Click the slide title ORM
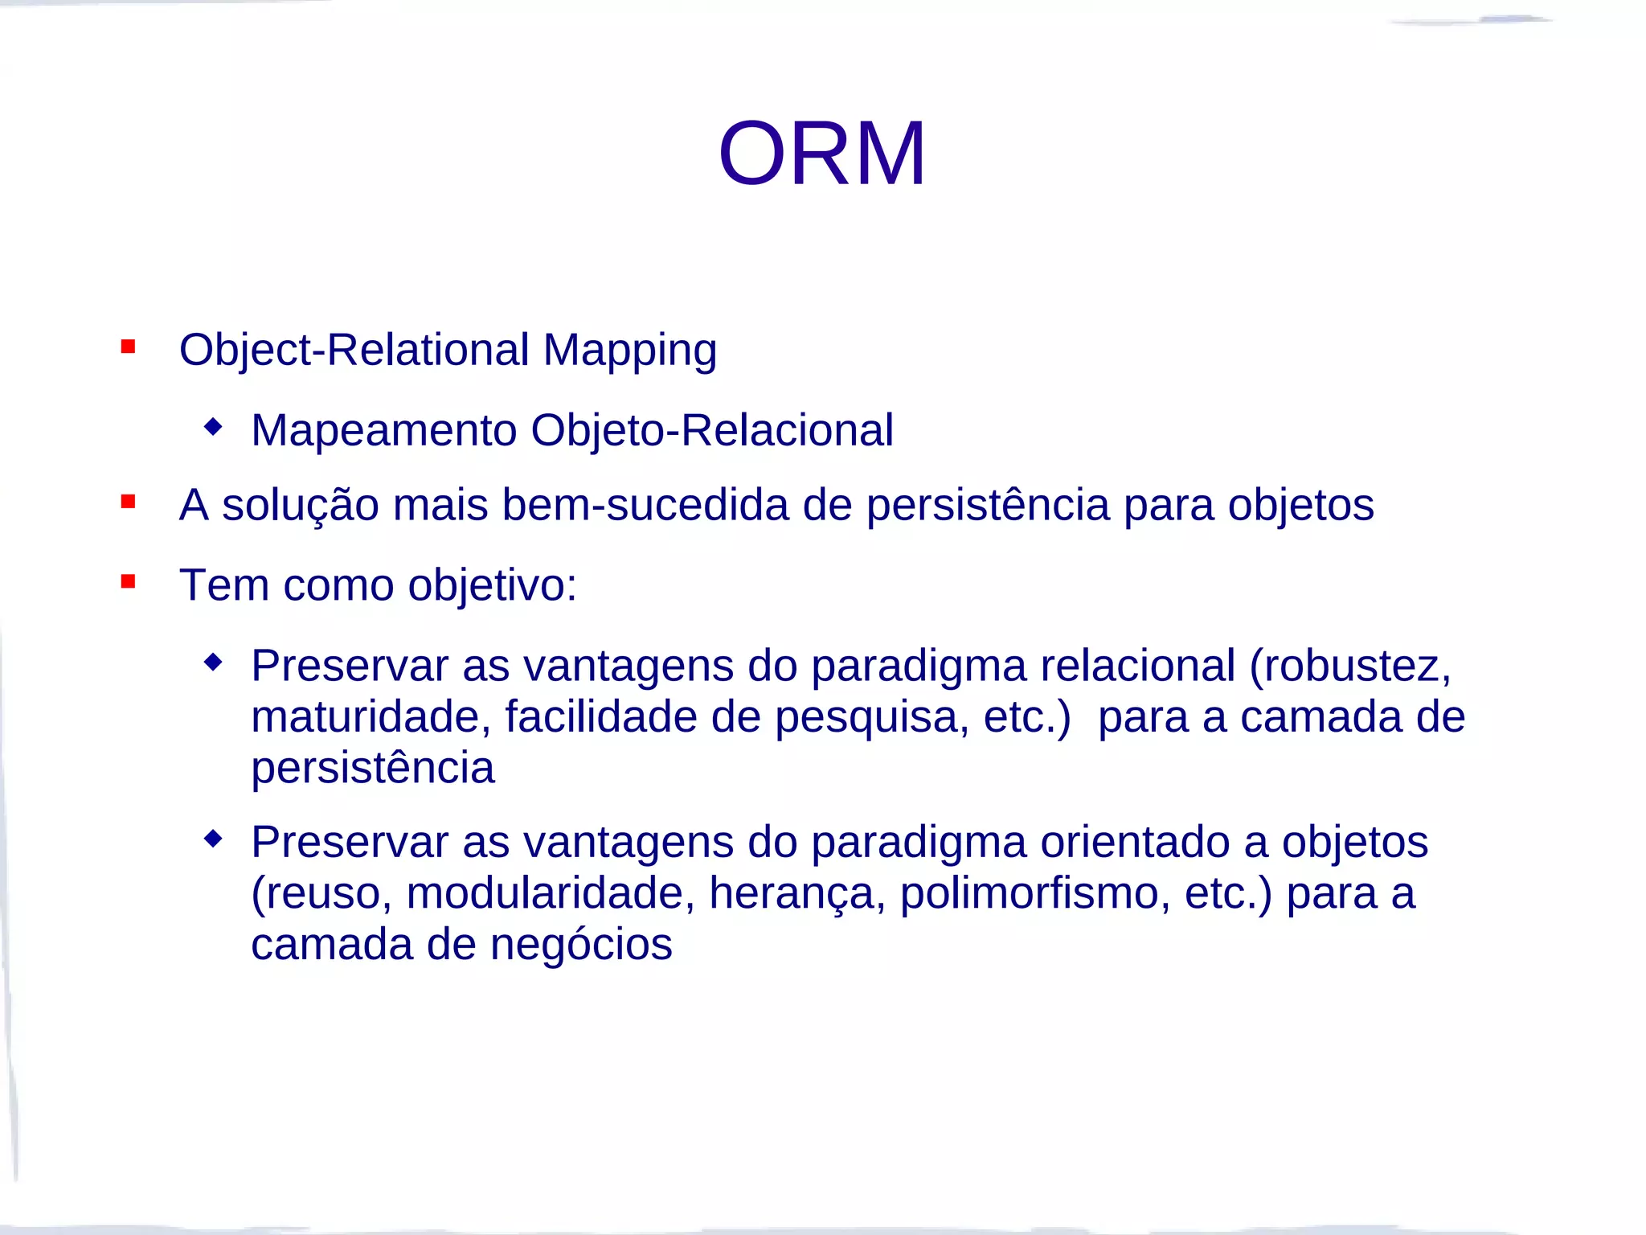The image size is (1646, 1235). tap(822, 154)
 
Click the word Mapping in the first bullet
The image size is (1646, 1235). tap(629, 351)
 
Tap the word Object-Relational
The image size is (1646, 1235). tap(354, 351)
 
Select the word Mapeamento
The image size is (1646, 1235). tap(383, 430)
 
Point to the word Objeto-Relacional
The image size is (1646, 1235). tap(711, 430)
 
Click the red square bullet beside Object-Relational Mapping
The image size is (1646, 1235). tap(128, 347)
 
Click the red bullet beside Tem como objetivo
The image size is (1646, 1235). tap(128, 581)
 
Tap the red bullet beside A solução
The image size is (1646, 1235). tap(128, 503)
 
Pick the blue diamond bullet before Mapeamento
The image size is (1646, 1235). tap(213, 426)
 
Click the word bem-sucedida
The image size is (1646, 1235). tap(645, 506)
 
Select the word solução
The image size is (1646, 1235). tap(300, 506)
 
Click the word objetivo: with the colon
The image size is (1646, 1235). tap(492, 585)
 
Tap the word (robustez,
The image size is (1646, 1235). tap(1350, 666)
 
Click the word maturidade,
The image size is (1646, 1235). tap(371, 717)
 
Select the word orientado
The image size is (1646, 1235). tap(1135, 843)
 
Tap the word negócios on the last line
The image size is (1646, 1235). tap(580, 944)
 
